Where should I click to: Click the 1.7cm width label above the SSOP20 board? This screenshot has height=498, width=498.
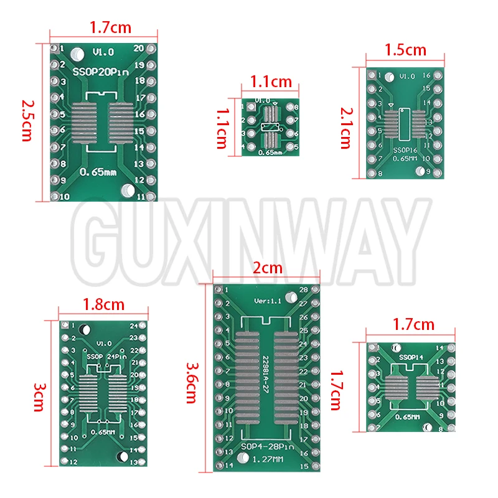coord(110,27)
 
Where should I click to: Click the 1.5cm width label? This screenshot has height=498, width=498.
coord(405,49)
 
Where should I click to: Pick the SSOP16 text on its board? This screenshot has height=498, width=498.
coord(405,149)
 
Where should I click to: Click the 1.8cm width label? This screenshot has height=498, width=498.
coord(103,305)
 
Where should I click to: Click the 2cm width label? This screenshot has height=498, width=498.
coord(266,268)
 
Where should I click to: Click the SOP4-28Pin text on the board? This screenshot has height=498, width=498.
coord(267,447)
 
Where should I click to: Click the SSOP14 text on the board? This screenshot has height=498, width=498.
coord(411,357)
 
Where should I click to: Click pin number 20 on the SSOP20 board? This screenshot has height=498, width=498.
coord(139,48)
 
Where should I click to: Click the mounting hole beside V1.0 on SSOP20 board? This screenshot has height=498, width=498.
coord(77,54)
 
